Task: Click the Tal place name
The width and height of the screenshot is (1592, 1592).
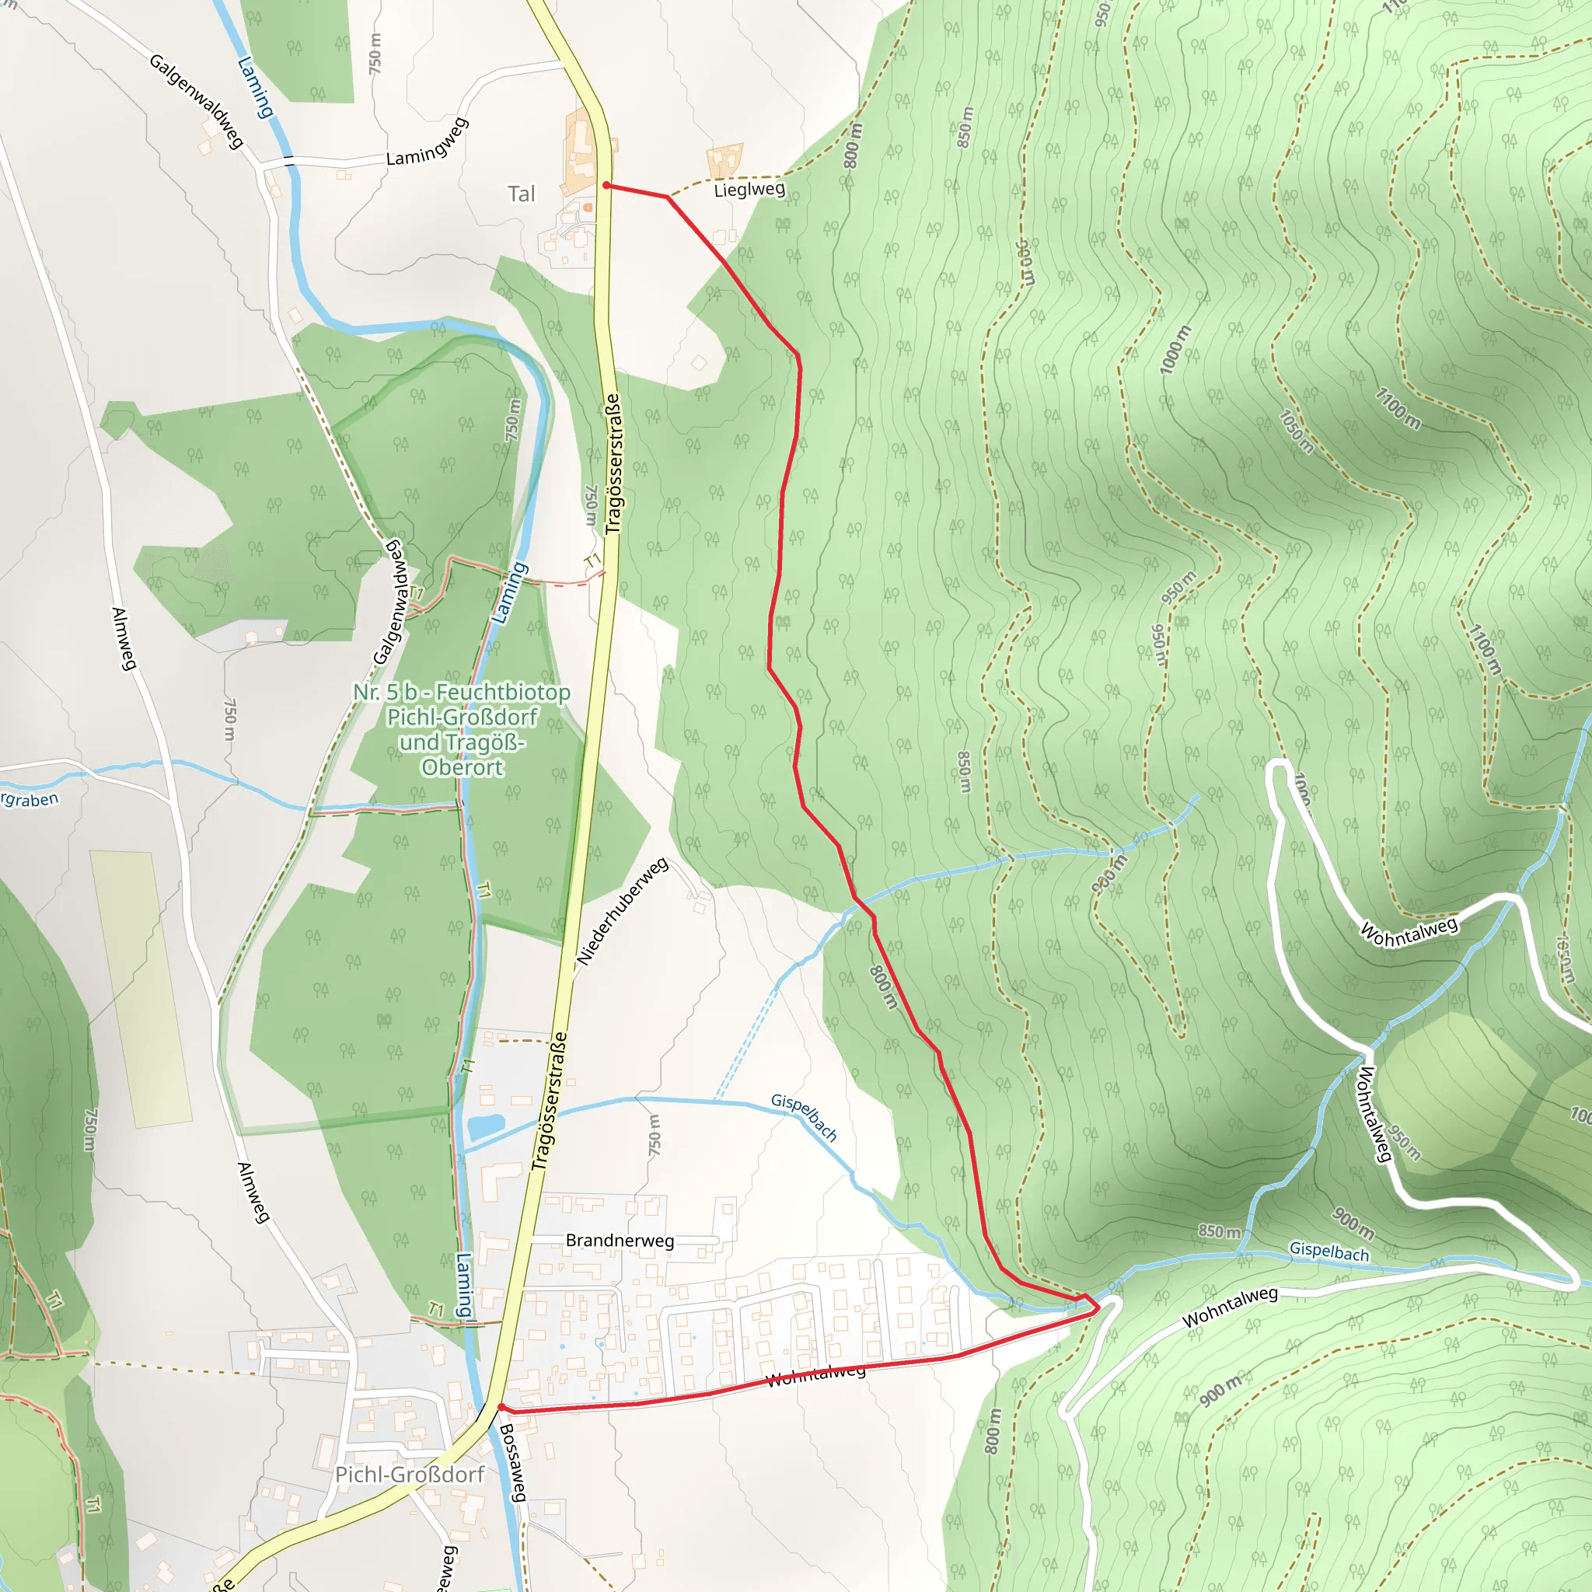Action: pos(521,194)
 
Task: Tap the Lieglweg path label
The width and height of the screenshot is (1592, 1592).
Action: pos(749,190)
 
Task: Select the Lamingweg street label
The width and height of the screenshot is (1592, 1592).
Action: pos(428,142)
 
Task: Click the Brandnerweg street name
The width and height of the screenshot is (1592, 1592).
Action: pos(620,1241)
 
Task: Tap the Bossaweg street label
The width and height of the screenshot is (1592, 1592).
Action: pos(512,1463)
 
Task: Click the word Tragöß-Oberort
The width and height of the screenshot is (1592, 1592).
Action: pos(463,755)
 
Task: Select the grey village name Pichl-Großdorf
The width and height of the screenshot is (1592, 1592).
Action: pos(410,1474)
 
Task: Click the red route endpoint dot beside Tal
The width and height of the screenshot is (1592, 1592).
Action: pos(606,186)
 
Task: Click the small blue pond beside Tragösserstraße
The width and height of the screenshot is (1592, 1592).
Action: pos(485,1126)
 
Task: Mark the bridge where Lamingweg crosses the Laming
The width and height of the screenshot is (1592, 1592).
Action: pos(288,161)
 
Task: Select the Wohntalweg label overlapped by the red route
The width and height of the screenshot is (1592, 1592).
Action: pos(815,1374)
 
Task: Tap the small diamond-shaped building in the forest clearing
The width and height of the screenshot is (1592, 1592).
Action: pos(699,362)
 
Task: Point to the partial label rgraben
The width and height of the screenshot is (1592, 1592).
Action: pos(30,799)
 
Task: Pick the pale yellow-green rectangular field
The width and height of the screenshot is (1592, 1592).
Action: pos(140,989)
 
